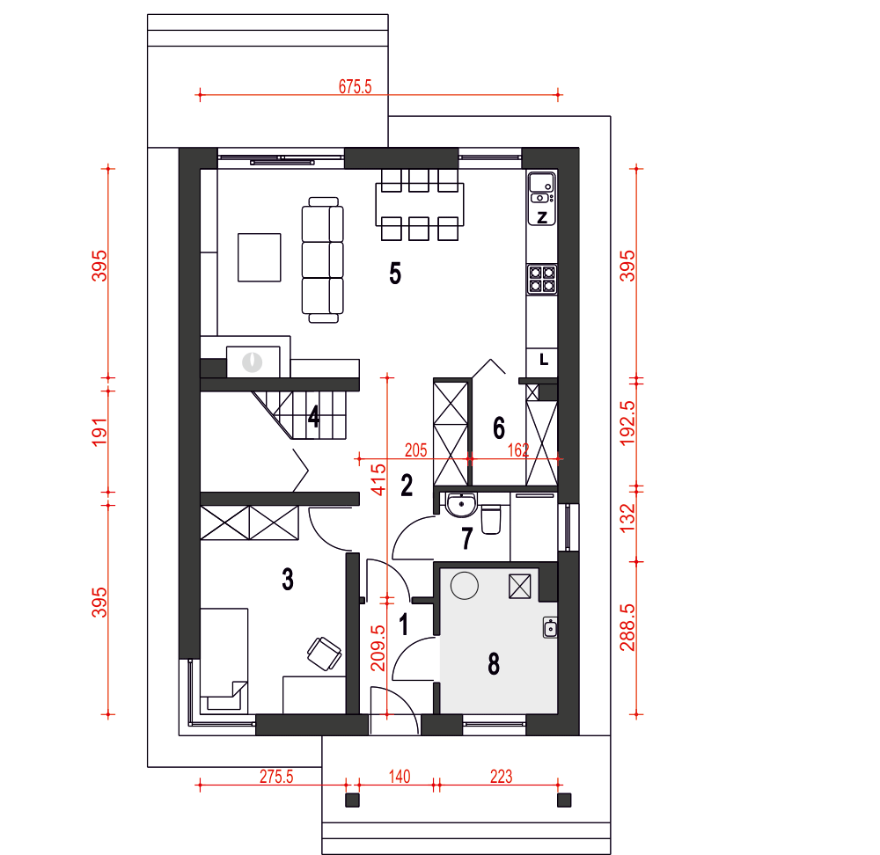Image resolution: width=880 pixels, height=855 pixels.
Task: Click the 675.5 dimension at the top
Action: (355, 86)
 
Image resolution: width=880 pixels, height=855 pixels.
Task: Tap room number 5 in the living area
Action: (395, 274)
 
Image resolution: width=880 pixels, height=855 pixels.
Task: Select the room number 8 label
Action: (494, 664)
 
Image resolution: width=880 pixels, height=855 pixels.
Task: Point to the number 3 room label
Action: (288, 580)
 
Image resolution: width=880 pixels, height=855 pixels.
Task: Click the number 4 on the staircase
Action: (314, 416)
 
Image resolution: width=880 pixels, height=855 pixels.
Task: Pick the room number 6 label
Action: (499, 427)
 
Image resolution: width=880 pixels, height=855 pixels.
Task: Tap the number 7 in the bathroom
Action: (467, 538)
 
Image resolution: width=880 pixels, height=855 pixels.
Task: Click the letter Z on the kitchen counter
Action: (542, 217)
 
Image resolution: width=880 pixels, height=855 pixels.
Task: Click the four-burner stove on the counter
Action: (542, 280)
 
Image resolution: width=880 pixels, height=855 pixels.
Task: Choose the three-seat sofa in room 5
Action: (323, 259)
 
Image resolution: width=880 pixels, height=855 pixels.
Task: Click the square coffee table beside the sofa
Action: (260, 258)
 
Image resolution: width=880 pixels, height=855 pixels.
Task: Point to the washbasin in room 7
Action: (461, 504)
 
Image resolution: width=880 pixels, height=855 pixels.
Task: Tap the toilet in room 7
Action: (491, 519)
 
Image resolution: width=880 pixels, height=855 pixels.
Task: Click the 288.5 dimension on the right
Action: (627, 627)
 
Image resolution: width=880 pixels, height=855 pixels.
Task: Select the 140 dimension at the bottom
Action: (399, 777)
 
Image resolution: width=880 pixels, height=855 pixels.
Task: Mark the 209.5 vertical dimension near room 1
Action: (378, 648)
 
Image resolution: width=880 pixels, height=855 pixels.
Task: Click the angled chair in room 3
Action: (325, 654)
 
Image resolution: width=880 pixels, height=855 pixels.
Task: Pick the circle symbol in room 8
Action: (465, 586)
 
